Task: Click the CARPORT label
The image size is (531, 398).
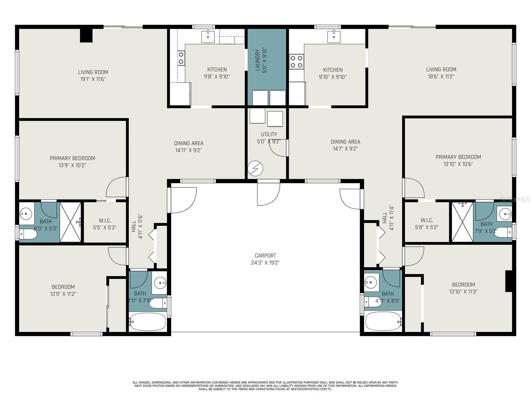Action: click(x=265, y=255)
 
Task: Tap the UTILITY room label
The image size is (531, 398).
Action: click(x=269, y=134)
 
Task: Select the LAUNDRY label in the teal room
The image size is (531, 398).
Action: click(x=257, y=60)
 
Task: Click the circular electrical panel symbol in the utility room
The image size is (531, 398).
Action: click(x=256, y=168)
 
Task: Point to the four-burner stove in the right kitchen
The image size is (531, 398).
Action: click(x=296, y=61)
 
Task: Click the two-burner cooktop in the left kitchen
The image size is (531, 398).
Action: click(x=181, y=58)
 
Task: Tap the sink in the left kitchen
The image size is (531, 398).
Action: click(x=208, y=37)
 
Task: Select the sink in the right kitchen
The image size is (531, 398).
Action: click(x=334, y=36)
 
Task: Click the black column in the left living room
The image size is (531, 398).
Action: click(x=86, y=35)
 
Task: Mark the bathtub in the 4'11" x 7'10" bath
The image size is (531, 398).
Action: click(x=147, y=322)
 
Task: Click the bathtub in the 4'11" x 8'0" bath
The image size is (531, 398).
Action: click(x=383, y=322)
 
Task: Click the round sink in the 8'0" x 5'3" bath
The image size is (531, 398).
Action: click(x=26, y=214)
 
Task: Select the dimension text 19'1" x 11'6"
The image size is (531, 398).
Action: click(x=93, y=79)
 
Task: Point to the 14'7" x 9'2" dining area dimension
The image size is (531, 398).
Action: click(x=345, y=149)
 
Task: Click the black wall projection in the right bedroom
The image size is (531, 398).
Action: click(x=508, y=281)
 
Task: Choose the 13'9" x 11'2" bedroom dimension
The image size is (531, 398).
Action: click(x=63, y=294)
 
